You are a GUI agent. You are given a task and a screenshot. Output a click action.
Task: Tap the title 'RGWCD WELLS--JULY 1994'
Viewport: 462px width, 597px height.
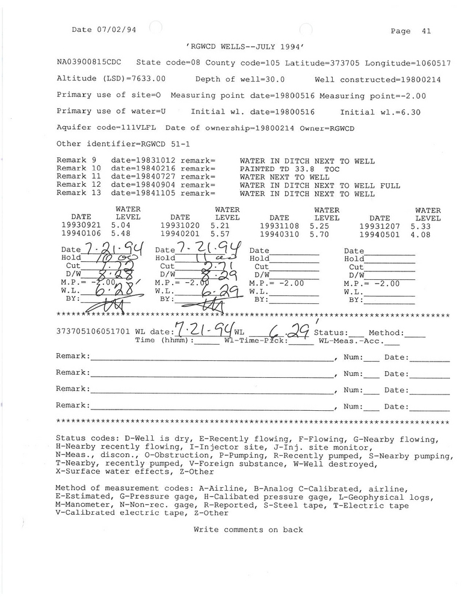pyautogui.click(x=247, y=46)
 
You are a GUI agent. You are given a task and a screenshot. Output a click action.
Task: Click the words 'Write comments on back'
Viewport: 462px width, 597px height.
pyautogui.click(x=248, y=530)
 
